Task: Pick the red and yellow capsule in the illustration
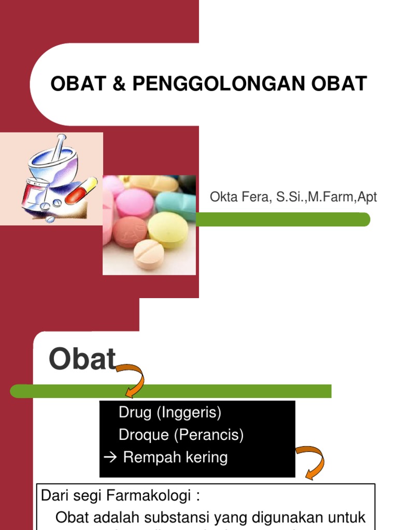coord(81,190)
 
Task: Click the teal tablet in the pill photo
coord(176,203)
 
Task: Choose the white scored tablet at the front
coord(149,254)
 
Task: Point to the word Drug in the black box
coord(135,413)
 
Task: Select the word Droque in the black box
coord(144,435)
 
